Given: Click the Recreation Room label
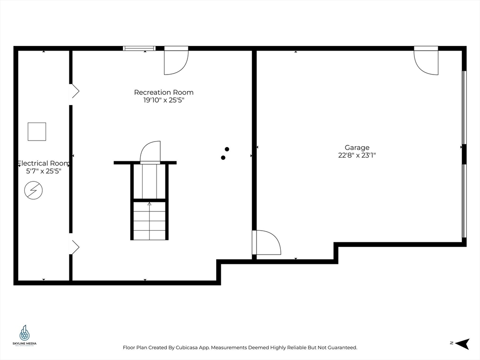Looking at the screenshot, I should point(164,92).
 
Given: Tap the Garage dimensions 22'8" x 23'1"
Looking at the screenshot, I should point(357,155).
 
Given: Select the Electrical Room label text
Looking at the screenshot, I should point(43,163).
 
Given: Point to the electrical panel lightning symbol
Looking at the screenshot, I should point(33,191).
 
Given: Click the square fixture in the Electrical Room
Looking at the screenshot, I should point(37,131).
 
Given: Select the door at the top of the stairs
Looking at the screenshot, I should point(150,153).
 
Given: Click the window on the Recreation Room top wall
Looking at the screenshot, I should point(139,48).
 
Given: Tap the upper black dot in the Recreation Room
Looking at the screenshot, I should point(227,149).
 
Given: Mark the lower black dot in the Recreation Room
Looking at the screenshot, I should point(223,157).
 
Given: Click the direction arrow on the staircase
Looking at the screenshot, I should point(150,204).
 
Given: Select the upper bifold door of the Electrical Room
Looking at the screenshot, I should point(74,91).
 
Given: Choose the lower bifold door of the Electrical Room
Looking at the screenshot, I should point(74,247).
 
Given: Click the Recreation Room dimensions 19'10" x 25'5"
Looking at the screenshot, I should point(164,100).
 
